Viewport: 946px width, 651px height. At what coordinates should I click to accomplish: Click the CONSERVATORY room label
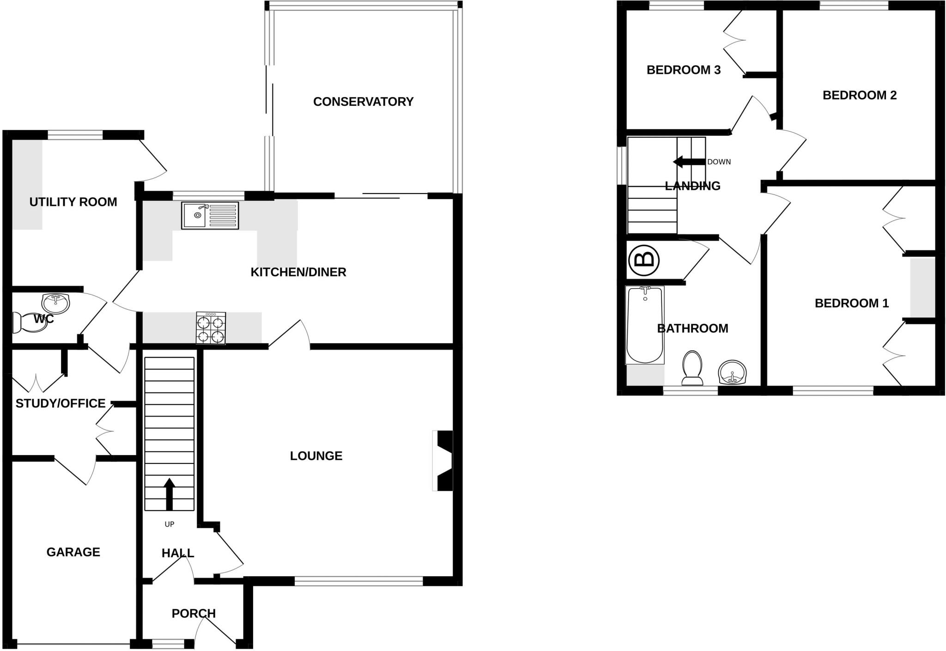[x=363, y=102]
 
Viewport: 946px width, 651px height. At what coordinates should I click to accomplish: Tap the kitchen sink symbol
[x=210, y=215]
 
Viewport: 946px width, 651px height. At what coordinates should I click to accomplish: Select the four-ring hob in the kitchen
[x=211, y=328]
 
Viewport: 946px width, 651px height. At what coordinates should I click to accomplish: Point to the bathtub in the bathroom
[x=645, y=325]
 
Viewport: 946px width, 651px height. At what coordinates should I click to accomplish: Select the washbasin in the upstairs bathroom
[x=732, y=372]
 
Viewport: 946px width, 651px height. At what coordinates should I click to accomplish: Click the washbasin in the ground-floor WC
[x=55, y=303]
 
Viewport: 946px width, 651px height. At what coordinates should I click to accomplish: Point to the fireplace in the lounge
[x=443, y=461]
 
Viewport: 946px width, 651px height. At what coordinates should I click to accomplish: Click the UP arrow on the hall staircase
[x=170, y=493]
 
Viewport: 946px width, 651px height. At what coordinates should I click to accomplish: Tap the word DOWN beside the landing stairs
[x=719, y=162]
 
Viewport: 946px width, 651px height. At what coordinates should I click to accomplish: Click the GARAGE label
[x=73, y=552]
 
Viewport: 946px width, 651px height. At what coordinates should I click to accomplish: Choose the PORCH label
[x=194, y=614]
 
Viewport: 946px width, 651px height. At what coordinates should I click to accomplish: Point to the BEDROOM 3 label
[x=683, y=70]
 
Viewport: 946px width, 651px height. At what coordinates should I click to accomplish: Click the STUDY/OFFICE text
[x=61, y=404]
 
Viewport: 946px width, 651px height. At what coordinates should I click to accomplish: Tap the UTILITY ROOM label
[x=73, y=202]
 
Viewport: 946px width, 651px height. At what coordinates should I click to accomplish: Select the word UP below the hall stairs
[x=170, y=524]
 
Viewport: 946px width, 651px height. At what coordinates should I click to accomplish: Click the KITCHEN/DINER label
[x=298, y=272]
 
